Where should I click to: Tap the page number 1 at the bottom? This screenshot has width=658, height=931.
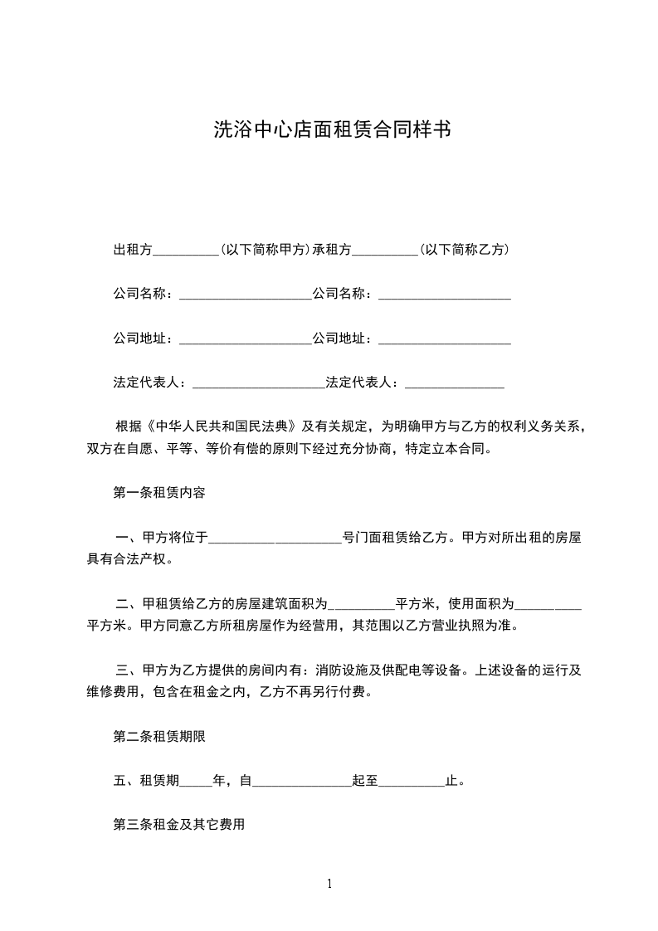(x=329, y=884)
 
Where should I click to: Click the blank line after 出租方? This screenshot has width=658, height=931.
(x=187, y=251)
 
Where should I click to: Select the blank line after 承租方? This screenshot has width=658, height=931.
(x=385, y=251)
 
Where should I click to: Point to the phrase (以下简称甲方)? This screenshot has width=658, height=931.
(x=266, y=250)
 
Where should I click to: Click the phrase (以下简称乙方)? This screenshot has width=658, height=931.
(x=464, y=250)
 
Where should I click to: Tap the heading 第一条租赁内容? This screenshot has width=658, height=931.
(x=159, y=492)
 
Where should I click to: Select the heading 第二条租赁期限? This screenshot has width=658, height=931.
(x=159, y=736)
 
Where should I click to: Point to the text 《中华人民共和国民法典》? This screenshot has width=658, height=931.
(x=220, y=428)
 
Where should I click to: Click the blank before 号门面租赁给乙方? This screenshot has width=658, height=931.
(x=275, y=539)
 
